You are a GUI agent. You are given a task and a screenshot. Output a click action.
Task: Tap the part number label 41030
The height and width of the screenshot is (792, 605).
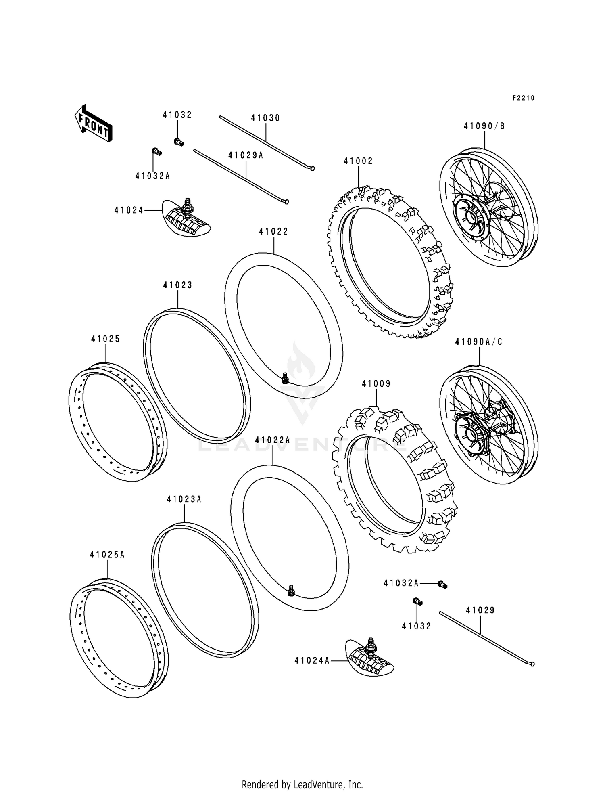[265, 118]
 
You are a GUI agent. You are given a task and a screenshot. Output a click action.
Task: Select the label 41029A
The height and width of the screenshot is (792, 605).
[246, 155]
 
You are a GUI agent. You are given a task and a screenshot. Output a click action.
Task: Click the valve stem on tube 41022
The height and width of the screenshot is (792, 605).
[285, 378]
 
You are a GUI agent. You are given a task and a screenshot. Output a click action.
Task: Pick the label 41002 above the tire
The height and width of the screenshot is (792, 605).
[358, 161]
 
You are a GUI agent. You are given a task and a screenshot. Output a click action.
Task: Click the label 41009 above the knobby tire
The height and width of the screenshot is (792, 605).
[376, 383]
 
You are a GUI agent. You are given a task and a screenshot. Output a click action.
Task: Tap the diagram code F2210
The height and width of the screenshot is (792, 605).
[523, 98]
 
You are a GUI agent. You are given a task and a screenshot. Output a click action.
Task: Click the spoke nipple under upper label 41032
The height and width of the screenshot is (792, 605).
[178, 142]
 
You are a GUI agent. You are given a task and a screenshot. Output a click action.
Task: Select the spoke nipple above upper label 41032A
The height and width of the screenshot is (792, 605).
[156, 152]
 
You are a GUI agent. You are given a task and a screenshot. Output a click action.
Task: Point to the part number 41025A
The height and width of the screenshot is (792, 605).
[107, 555]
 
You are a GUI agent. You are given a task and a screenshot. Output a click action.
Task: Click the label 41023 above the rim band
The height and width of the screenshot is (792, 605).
[177, 285]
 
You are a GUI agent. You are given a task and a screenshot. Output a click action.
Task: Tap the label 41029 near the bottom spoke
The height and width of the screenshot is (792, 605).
[480, 610]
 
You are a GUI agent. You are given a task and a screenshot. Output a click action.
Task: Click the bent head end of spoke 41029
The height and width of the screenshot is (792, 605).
[532, 664]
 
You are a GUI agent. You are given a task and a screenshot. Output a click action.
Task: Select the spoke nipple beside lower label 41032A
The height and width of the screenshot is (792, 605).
[442, 585]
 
